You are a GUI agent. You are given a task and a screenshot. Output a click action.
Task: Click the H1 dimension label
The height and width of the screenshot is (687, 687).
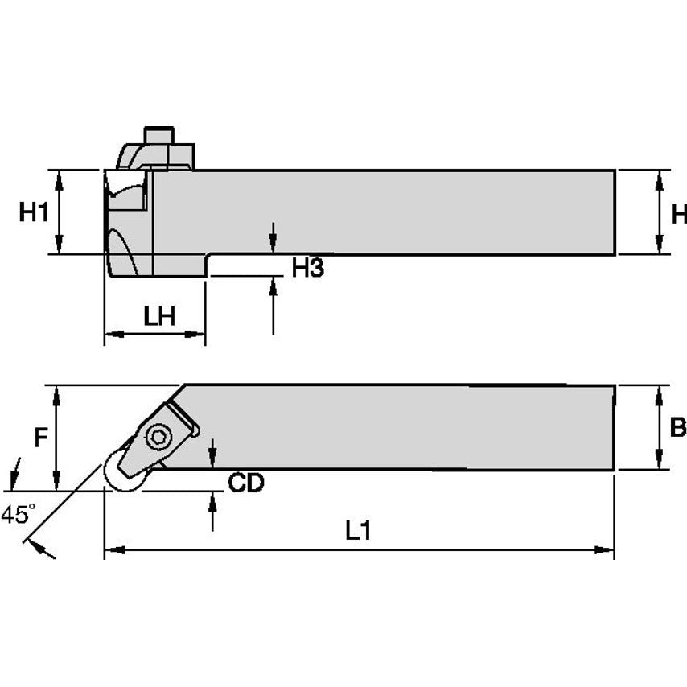pyautogui.click(x=34, y=213)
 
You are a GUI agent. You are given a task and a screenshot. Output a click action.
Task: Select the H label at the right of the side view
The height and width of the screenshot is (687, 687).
pyautogui.click(x=679, y=213)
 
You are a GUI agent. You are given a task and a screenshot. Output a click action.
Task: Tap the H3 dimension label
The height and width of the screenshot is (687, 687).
pyautogui.click(x=307, y=269)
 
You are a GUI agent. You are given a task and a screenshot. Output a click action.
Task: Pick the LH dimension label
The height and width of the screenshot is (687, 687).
pyautogui.click(x=159, y=317)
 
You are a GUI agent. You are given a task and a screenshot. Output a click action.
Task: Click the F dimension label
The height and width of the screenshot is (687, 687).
pyautogui.click(x=40, y=438)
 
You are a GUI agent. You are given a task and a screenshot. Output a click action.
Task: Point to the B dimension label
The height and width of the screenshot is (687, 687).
pyautogui.click(x=678, y=427)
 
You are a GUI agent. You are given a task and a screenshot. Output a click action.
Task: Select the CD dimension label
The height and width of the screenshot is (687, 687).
pyautogui.click(x=245, y=483)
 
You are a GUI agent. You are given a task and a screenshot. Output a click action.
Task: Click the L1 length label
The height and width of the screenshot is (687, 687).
pyautogui.click(x=358, y=530)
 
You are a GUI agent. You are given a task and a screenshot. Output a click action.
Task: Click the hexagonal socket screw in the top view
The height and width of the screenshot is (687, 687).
pyautogui.click(x=158, y=437)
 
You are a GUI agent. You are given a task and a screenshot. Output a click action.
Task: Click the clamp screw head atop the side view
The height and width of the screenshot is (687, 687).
pyautogui.click(x=158, y=134)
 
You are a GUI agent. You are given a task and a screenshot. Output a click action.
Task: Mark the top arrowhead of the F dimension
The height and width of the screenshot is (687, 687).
pyautogui.click(x=56, y=394)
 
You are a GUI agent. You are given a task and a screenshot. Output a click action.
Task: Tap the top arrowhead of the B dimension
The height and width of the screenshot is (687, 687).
pyautogui.click(x=660, y=394)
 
